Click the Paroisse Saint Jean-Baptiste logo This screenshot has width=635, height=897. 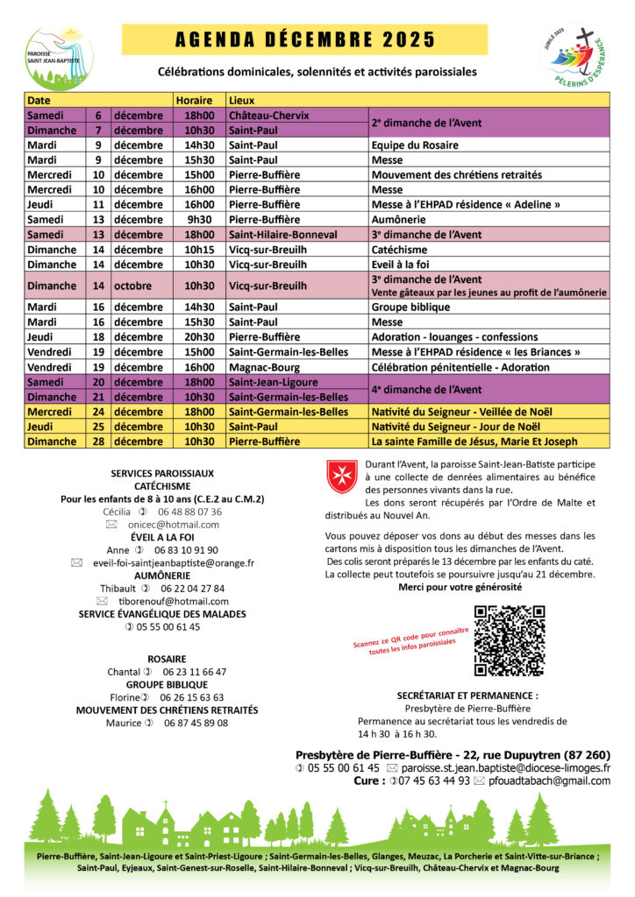59,57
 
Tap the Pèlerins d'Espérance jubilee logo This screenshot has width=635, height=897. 574,56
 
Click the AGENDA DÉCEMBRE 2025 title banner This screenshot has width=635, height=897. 304,40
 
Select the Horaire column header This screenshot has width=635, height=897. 193,100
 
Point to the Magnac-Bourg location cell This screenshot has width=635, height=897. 264,367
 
